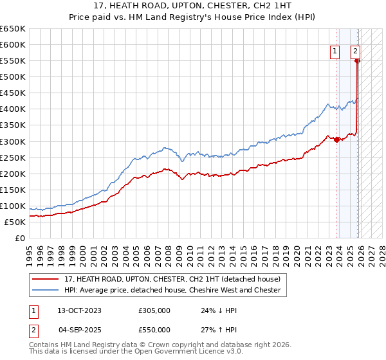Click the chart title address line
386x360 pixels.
pos(193,5)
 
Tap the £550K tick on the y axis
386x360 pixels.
pos(12,61)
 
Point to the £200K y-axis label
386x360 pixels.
pos(12,174)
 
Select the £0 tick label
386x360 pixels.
pos(19,239)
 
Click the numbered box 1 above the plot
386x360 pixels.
pos(336,53)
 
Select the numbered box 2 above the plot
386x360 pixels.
pos(355,53)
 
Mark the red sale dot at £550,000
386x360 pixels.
pos(358,61)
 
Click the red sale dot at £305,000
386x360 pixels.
pos(337,140)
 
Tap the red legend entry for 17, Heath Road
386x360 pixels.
pos(172,280)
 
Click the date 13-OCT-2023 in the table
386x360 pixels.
pos(79,310)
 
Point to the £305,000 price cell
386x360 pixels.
pos(154,310)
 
